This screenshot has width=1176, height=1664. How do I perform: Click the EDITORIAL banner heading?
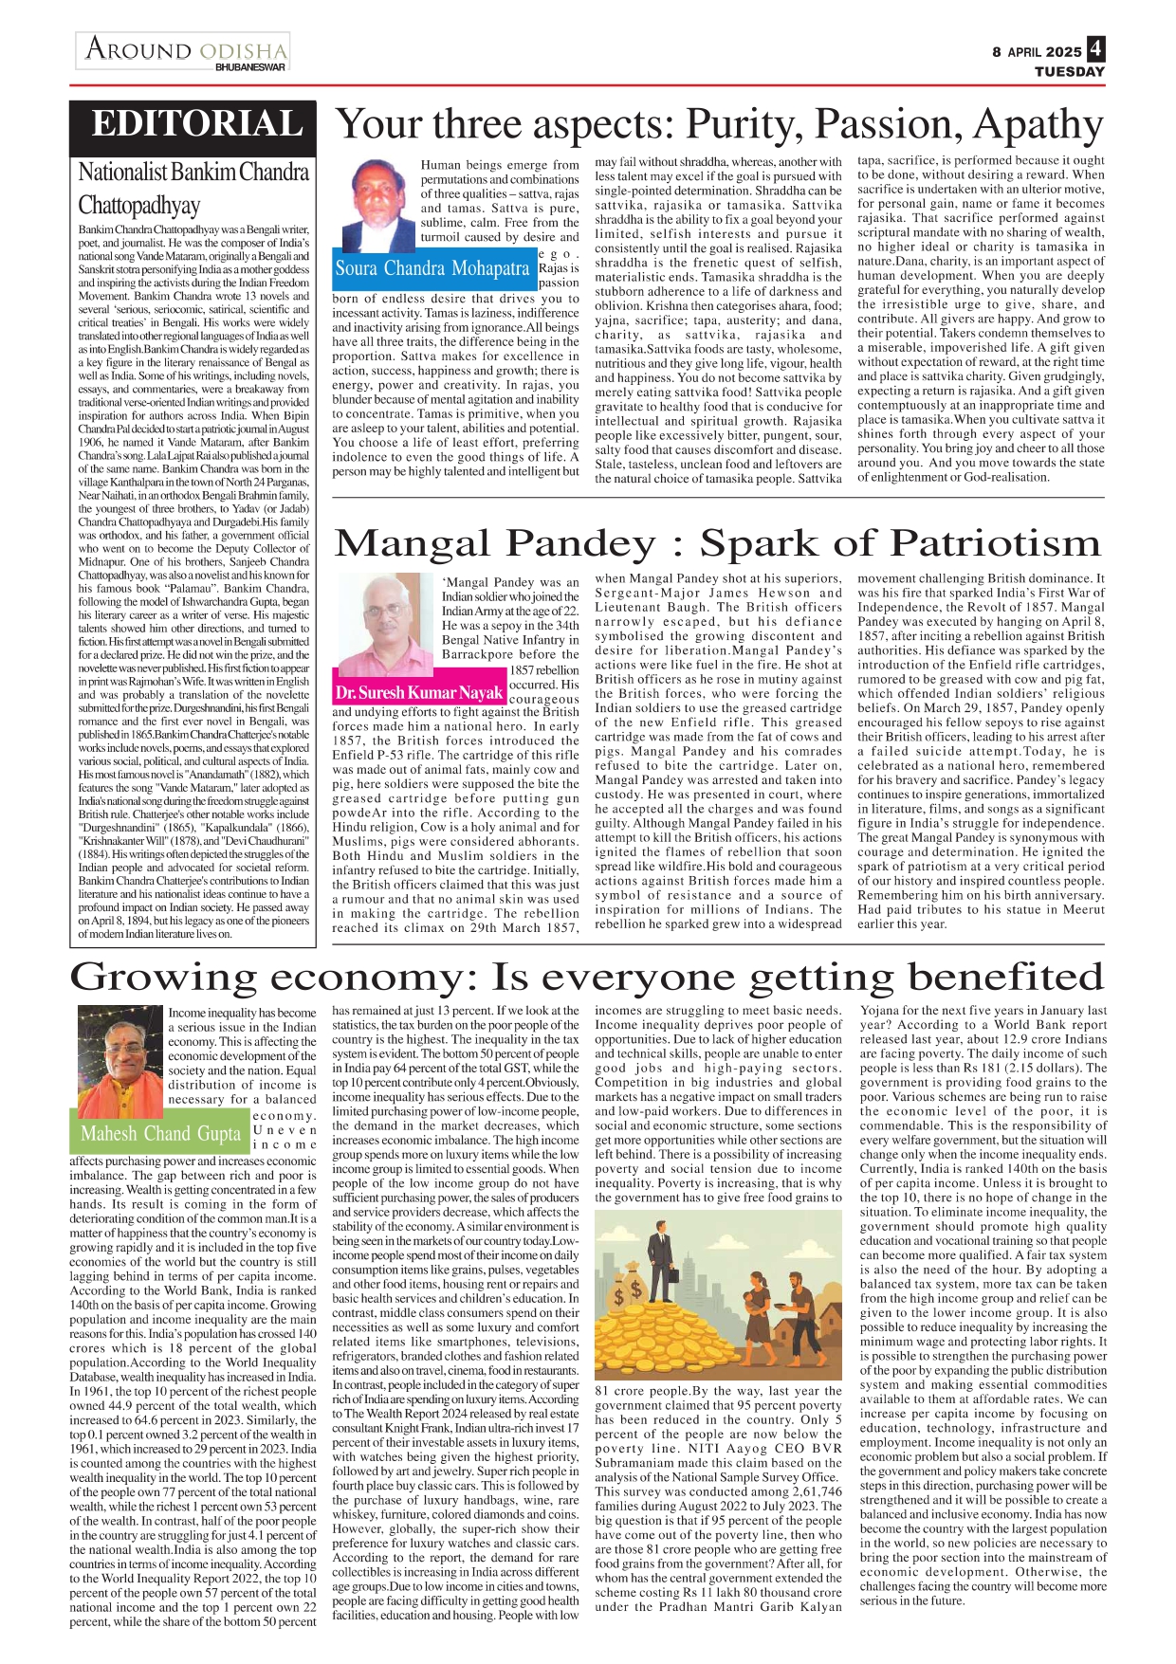tap(197, 125)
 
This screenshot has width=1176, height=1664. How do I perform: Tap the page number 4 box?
tap(1096, 48)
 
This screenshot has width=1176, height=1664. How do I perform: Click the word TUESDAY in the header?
tap(1069, 71)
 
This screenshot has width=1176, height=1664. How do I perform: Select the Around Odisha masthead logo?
tap(184, 49)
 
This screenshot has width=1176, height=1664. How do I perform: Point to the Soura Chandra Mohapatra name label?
tap(432, 268)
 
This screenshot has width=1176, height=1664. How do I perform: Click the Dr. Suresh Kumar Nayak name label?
tap(418, 692)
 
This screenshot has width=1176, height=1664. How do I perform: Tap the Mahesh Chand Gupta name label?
tap(160, 1133)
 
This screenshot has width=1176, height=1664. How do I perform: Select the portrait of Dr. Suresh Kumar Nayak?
tap(386, 627)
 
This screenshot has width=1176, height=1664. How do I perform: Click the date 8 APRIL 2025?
tap(1037, 52)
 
